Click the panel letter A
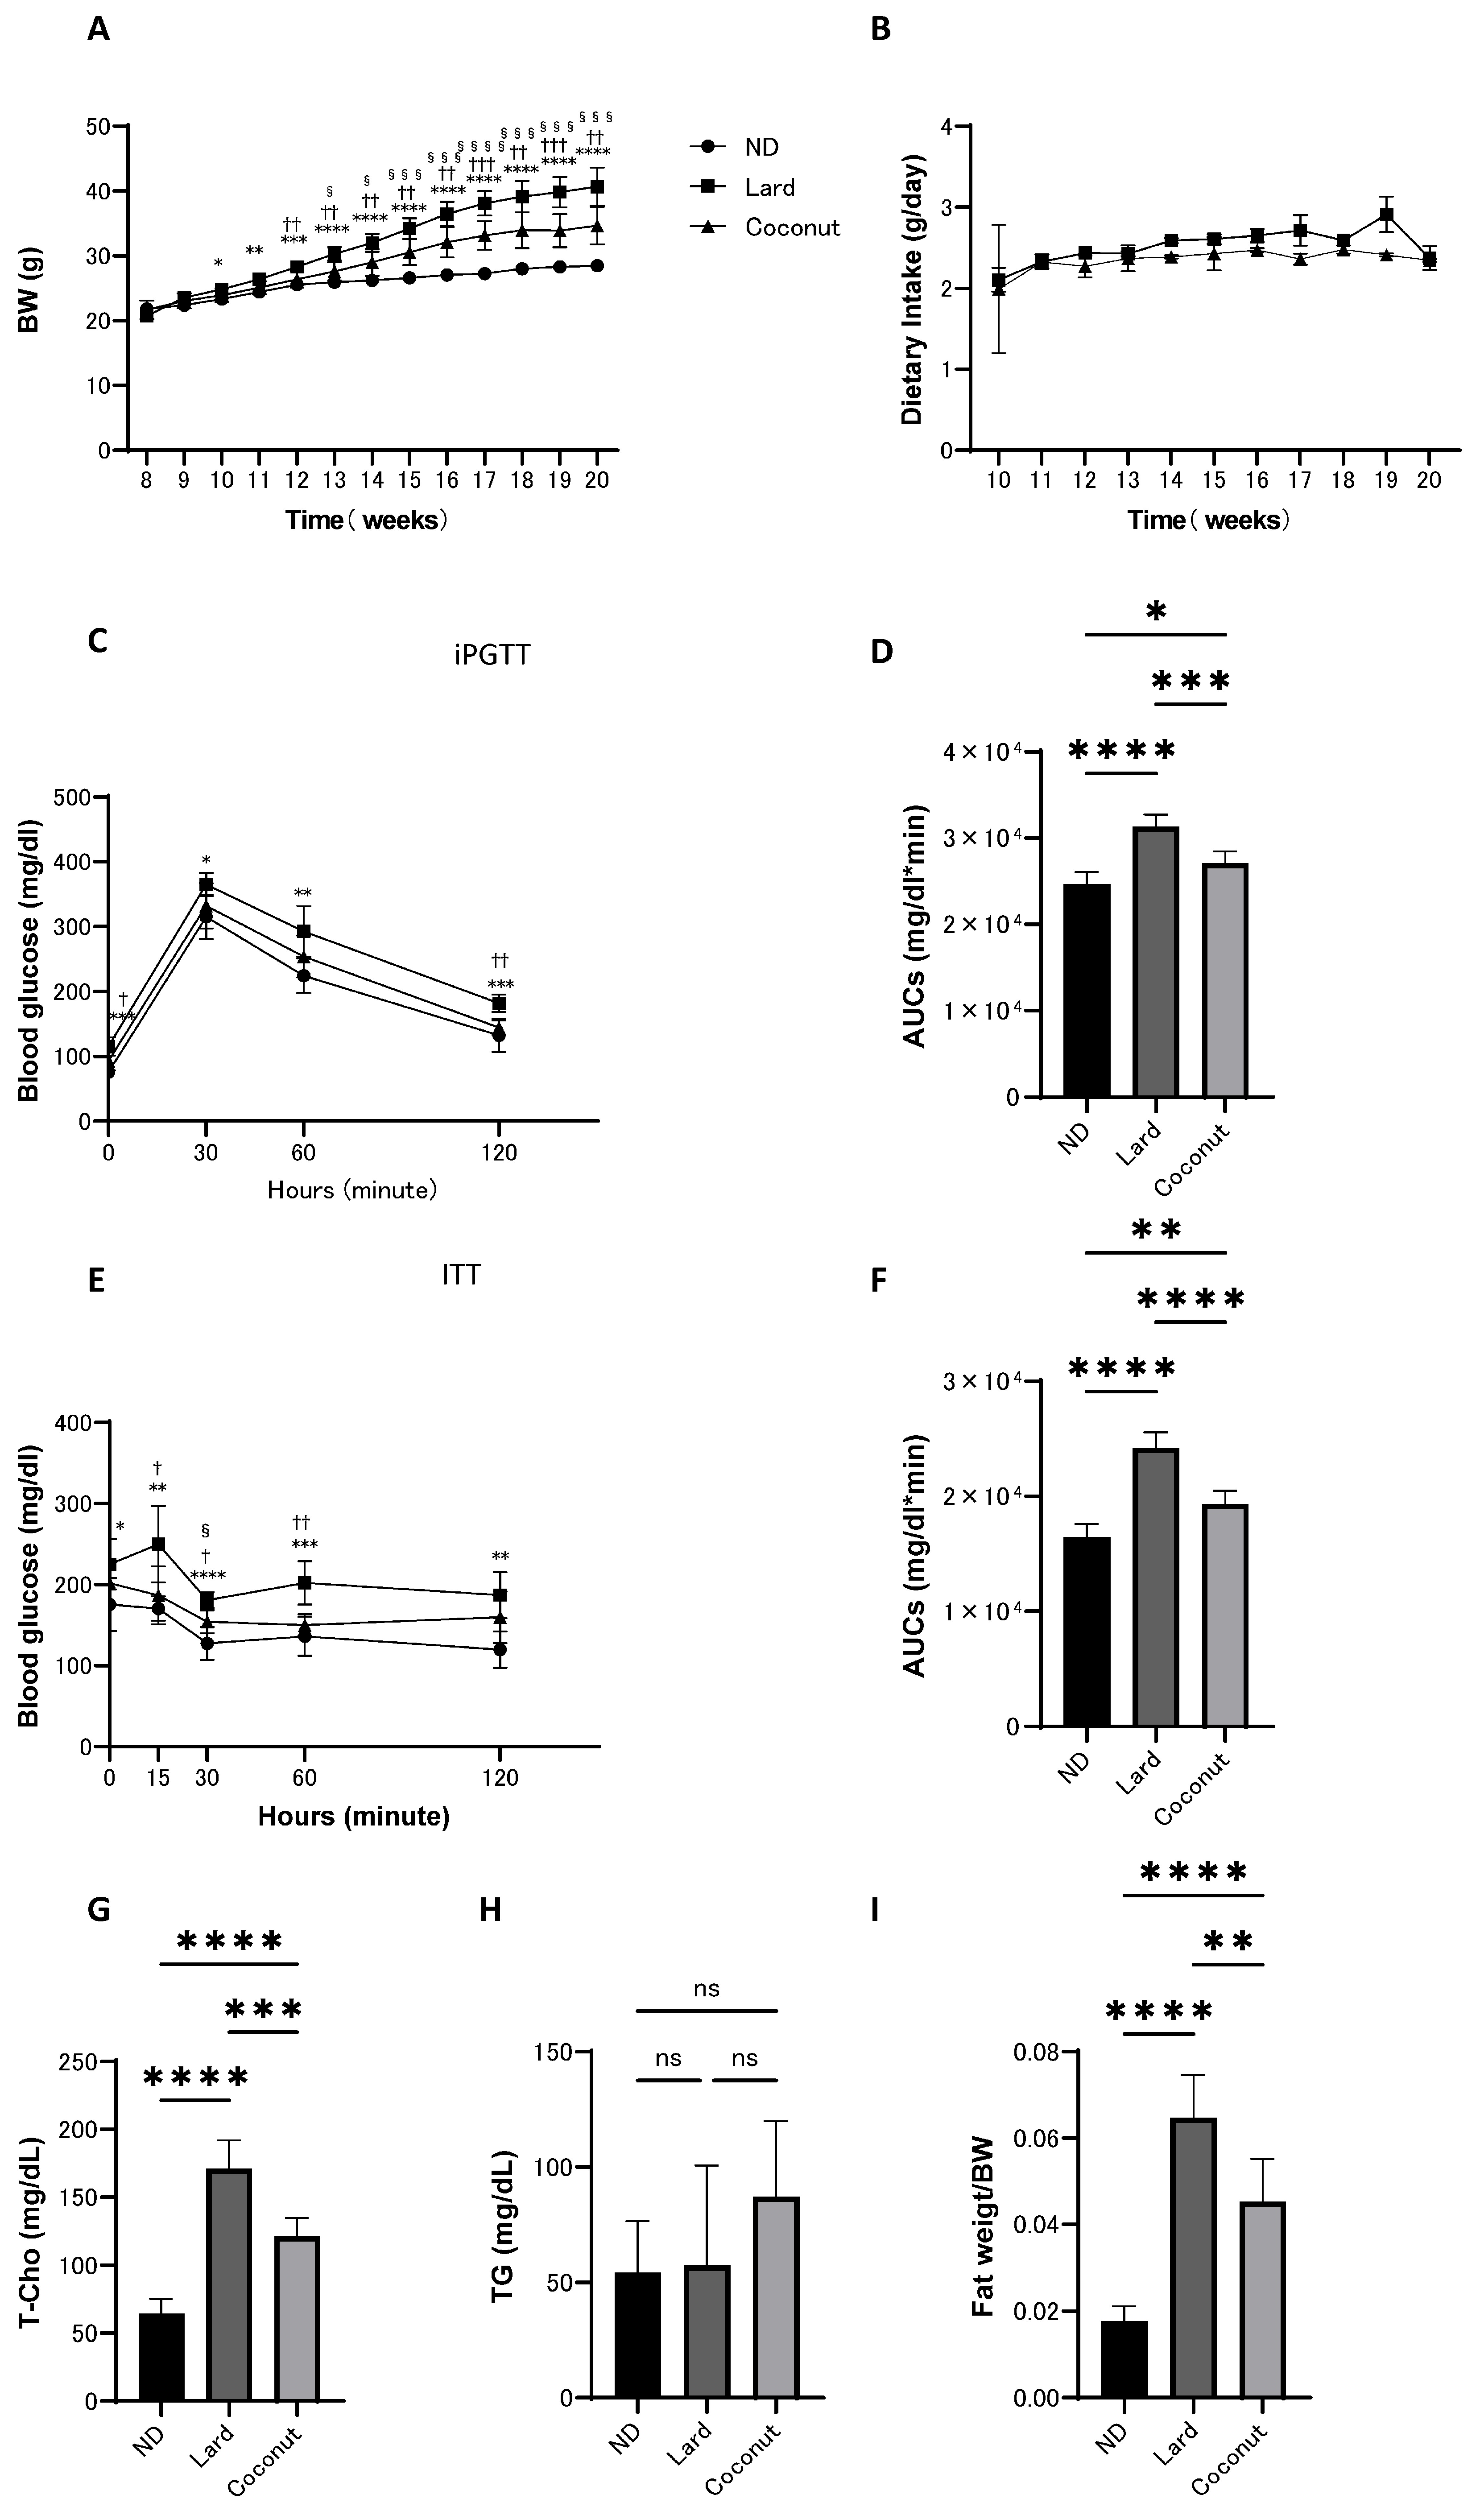[98, 30]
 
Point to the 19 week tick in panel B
[1385, 479]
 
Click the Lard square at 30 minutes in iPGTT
[207, 884]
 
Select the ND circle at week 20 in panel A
[597, 265]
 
